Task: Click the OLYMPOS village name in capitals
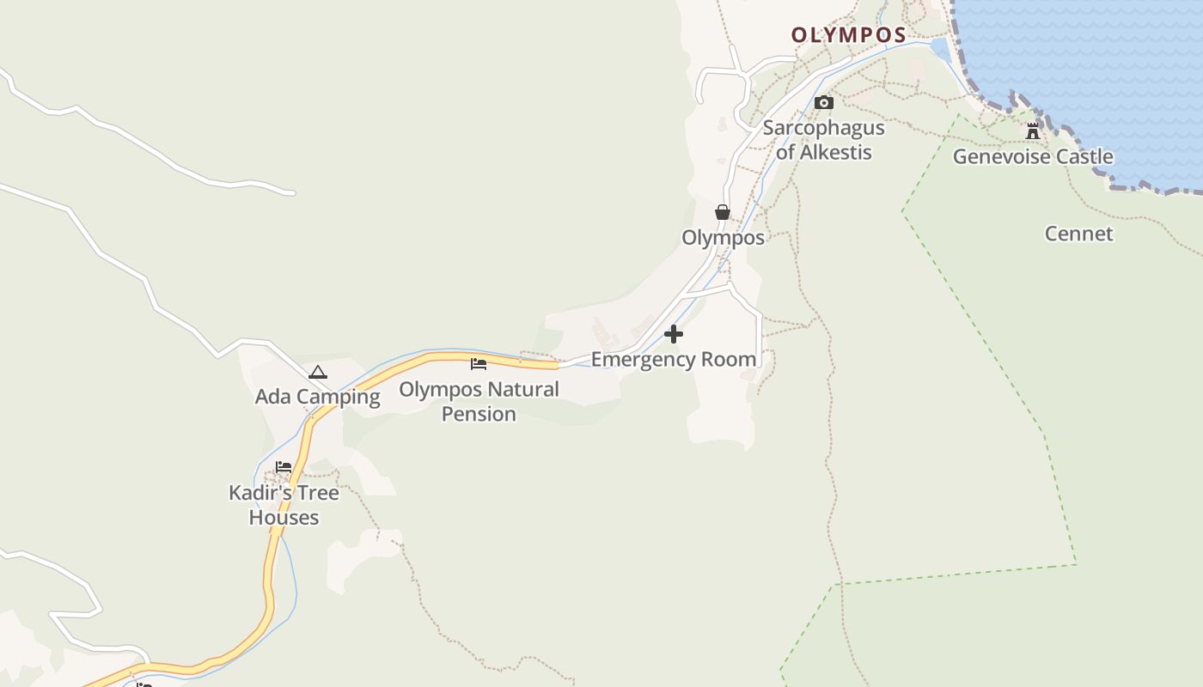coord(848,35)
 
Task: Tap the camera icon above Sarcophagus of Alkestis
coord(823,103)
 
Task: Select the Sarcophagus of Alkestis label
coord(823,140)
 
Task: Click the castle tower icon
coord(1032,131)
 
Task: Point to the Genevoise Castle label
coord(1033,157)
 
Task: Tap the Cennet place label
coord(1078,234)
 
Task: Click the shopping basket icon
coord(723,212)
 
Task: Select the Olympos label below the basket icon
coord(723,238)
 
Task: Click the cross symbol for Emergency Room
coord(674,334)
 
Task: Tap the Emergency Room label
coord(674,359)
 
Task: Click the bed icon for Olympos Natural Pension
coord(479,364)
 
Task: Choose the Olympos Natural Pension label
coord(479,401)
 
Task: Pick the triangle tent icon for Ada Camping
coord(318,373)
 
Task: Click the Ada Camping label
coord(318,397)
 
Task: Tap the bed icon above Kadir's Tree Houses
coord(284,467)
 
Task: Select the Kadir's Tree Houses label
coord(284,505)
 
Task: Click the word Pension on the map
coord(479,414)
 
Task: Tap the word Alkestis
coord(836,153)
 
